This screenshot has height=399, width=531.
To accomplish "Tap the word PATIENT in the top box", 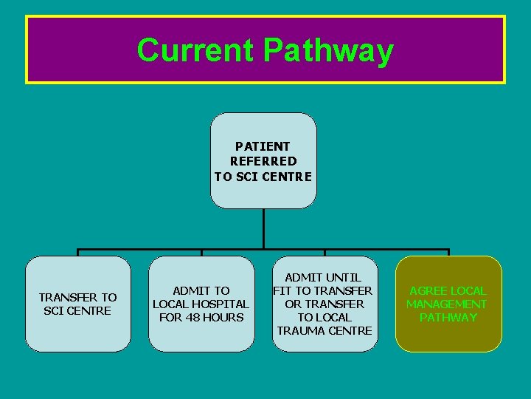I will [x=263, y=146].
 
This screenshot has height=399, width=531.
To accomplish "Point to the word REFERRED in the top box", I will [x=263, y=161].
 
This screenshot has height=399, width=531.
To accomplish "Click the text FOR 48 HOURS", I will [x=201, y=318].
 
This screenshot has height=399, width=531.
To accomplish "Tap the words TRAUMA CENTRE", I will [x=324, y=330].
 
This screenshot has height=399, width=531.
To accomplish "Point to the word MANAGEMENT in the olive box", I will [x=447, y=304].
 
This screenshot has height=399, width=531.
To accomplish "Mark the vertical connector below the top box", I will [x=263, y=228].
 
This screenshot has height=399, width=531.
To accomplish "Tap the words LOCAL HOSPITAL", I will [x=201, y=304].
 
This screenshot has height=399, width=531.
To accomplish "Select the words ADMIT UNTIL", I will [x=324, y=278].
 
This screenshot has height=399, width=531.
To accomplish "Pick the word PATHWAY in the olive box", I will [x=448, y=318].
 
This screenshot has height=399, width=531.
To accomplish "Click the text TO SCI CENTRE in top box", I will [x=263, y=176].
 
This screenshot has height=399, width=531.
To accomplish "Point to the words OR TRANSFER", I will [x=324, y=304].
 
